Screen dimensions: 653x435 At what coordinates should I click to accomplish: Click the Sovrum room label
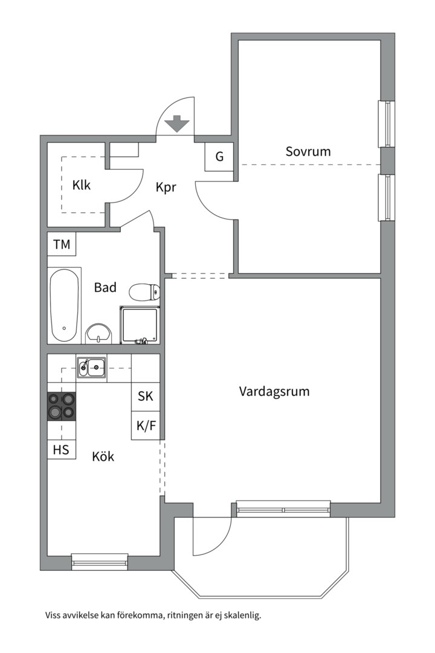(x=308, y=151)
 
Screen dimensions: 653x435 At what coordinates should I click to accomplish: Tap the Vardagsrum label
(x=274, y=391)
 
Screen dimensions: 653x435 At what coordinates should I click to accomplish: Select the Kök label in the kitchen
(x=103, y=456)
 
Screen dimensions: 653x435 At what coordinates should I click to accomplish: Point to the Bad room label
(x=105, y=288)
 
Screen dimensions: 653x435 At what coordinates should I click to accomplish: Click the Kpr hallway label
(x=166, y=187)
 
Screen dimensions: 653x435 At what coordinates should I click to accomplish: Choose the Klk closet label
(x=82, y=185)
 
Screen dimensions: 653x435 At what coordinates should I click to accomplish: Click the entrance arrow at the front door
(x=177, y=123)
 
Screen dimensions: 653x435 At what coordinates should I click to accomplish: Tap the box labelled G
(x=219, y=157)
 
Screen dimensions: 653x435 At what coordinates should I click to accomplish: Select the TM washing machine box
(x=62, y=245)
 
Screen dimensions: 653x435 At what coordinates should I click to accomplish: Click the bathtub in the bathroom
(x=64, y=305)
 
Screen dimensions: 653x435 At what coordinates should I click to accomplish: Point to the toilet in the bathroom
(x=144, y=293)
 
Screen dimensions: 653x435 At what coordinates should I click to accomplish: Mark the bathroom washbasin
(x=98, y=333)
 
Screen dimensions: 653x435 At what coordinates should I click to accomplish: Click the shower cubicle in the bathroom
(x=141, y=324)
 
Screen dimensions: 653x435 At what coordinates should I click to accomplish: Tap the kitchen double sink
(x=91, y=367)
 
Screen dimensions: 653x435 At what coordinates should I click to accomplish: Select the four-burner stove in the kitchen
(x=62, y=405)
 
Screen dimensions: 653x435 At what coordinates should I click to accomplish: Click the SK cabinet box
(x=146, y=397)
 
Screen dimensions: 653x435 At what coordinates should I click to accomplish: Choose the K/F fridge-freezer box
(x=146, y=426)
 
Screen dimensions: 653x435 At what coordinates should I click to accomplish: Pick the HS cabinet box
(x=62, y=449)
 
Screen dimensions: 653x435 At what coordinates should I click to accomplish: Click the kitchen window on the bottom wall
(x=100, y=562)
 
